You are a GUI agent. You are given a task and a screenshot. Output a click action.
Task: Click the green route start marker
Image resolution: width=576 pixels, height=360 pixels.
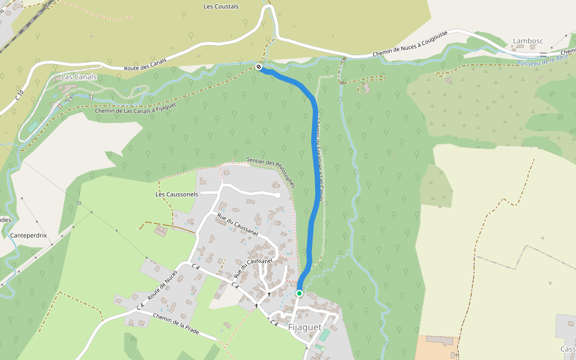299,293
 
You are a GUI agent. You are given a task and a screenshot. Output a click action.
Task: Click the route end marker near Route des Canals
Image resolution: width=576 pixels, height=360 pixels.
259,67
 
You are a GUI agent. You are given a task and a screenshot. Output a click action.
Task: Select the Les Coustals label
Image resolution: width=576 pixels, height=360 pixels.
221,7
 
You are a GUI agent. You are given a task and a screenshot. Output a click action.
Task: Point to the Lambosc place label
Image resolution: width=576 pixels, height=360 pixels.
528,41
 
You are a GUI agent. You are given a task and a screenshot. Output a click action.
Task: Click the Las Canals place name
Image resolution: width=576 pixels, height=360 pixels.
79,77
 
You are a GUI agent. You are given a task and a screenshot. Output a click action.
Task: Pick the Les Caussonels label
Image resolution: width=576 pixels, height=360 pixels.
176,194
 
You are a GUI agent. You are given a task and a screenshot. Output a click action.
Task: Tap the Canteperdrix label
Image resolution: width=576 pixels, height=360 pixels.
29,236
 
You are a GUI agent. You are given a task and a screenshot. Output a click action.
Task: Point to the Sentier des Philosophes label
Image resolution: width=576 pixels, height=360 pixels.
271,172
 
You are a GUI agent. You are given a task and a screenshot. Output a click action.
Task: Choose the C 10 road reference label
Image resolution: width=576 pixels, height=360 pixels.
20,96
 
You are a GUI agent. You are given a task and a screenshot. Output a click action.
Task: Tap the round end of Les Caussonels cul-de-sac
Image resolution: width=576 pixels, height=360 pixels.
277,195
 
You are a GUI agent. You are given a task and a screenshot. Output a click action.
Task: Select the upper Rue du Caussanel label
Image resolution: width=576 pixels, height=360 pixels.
236,225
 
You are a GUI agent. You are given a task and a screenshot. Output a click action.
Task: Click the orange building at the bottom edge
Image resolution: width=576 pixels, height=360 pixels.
437,348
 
